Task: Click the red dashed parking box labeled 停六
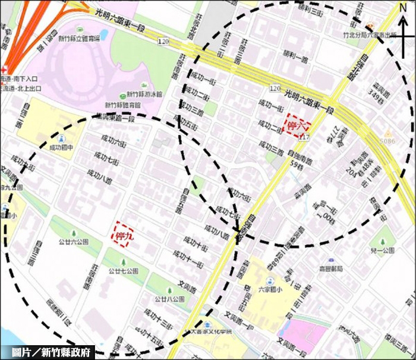pyautogui.click(x=297, y=125)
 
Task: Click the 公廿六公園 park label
pyautogui.click(x=74, y=242)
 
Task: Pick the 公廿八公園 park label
pyautogui.click(x=168, y=299)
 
